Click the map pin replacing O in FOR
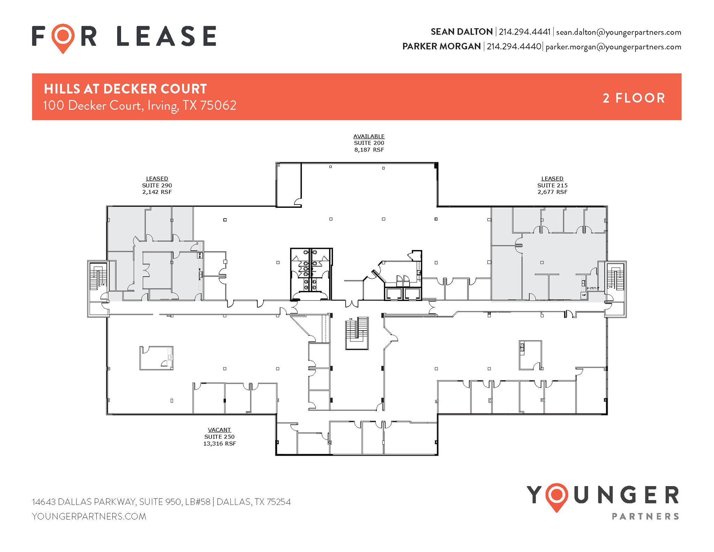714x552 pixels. [63, 36]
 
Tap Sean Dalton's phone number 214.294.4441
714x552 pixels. [524, 32]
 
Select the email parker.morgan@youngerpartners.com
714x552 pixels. [613, 47]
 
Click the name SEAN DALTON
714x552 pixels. [462, 32]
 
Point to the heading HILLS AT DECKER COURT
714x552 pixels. [126, 89]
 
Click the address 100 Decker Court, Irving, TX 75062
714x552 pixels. [140, 105]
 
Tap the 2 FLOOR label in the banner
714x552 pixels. [634, 98]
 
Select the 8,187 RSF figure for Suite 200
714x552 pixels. [369, 150]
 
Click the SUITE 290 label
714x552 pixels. [157, 186]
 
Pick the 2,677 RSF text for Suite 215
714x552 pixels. [552, 192]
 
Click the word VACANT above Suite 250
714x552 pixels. [219, 430]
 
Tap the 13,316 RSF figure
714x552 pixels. [220, 444]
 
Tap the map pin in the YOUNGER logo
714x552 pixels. [557, 496]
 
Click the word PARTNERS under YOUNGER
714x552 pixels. [645, 516]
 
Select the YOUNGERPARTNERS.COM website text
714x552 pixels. [89, 516]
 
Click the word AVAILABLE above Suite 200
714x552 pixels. [369, 136]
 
